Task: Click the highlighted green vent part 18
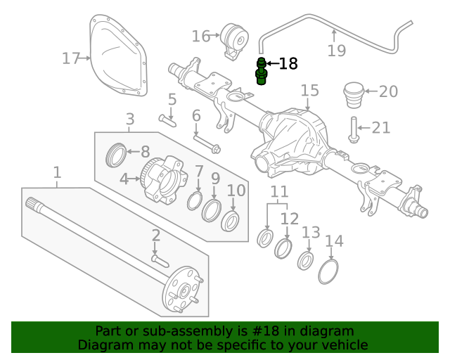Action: click(x=262, y=72)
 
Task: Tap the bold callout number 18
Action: click(x=288, y=65)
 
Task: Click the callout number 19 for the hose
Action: click(x=337, y=50)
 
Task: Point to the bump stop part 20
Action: click(x=354, y=93)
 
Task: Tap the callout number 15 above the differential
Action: click(x=309, y=91)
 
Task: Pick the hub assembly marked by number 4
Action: click(x=162, y=181)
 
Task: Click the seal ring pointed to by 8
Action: click(x=117, y=155)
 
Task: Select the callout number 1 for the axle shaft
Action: click(x=57, y=172)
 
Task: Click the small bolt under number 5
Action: click(x=167, y=119)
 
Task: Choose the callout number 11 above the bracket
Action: click(x=280, y=191)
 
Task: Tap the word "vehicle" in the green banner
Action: click(x=344, y=345)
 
